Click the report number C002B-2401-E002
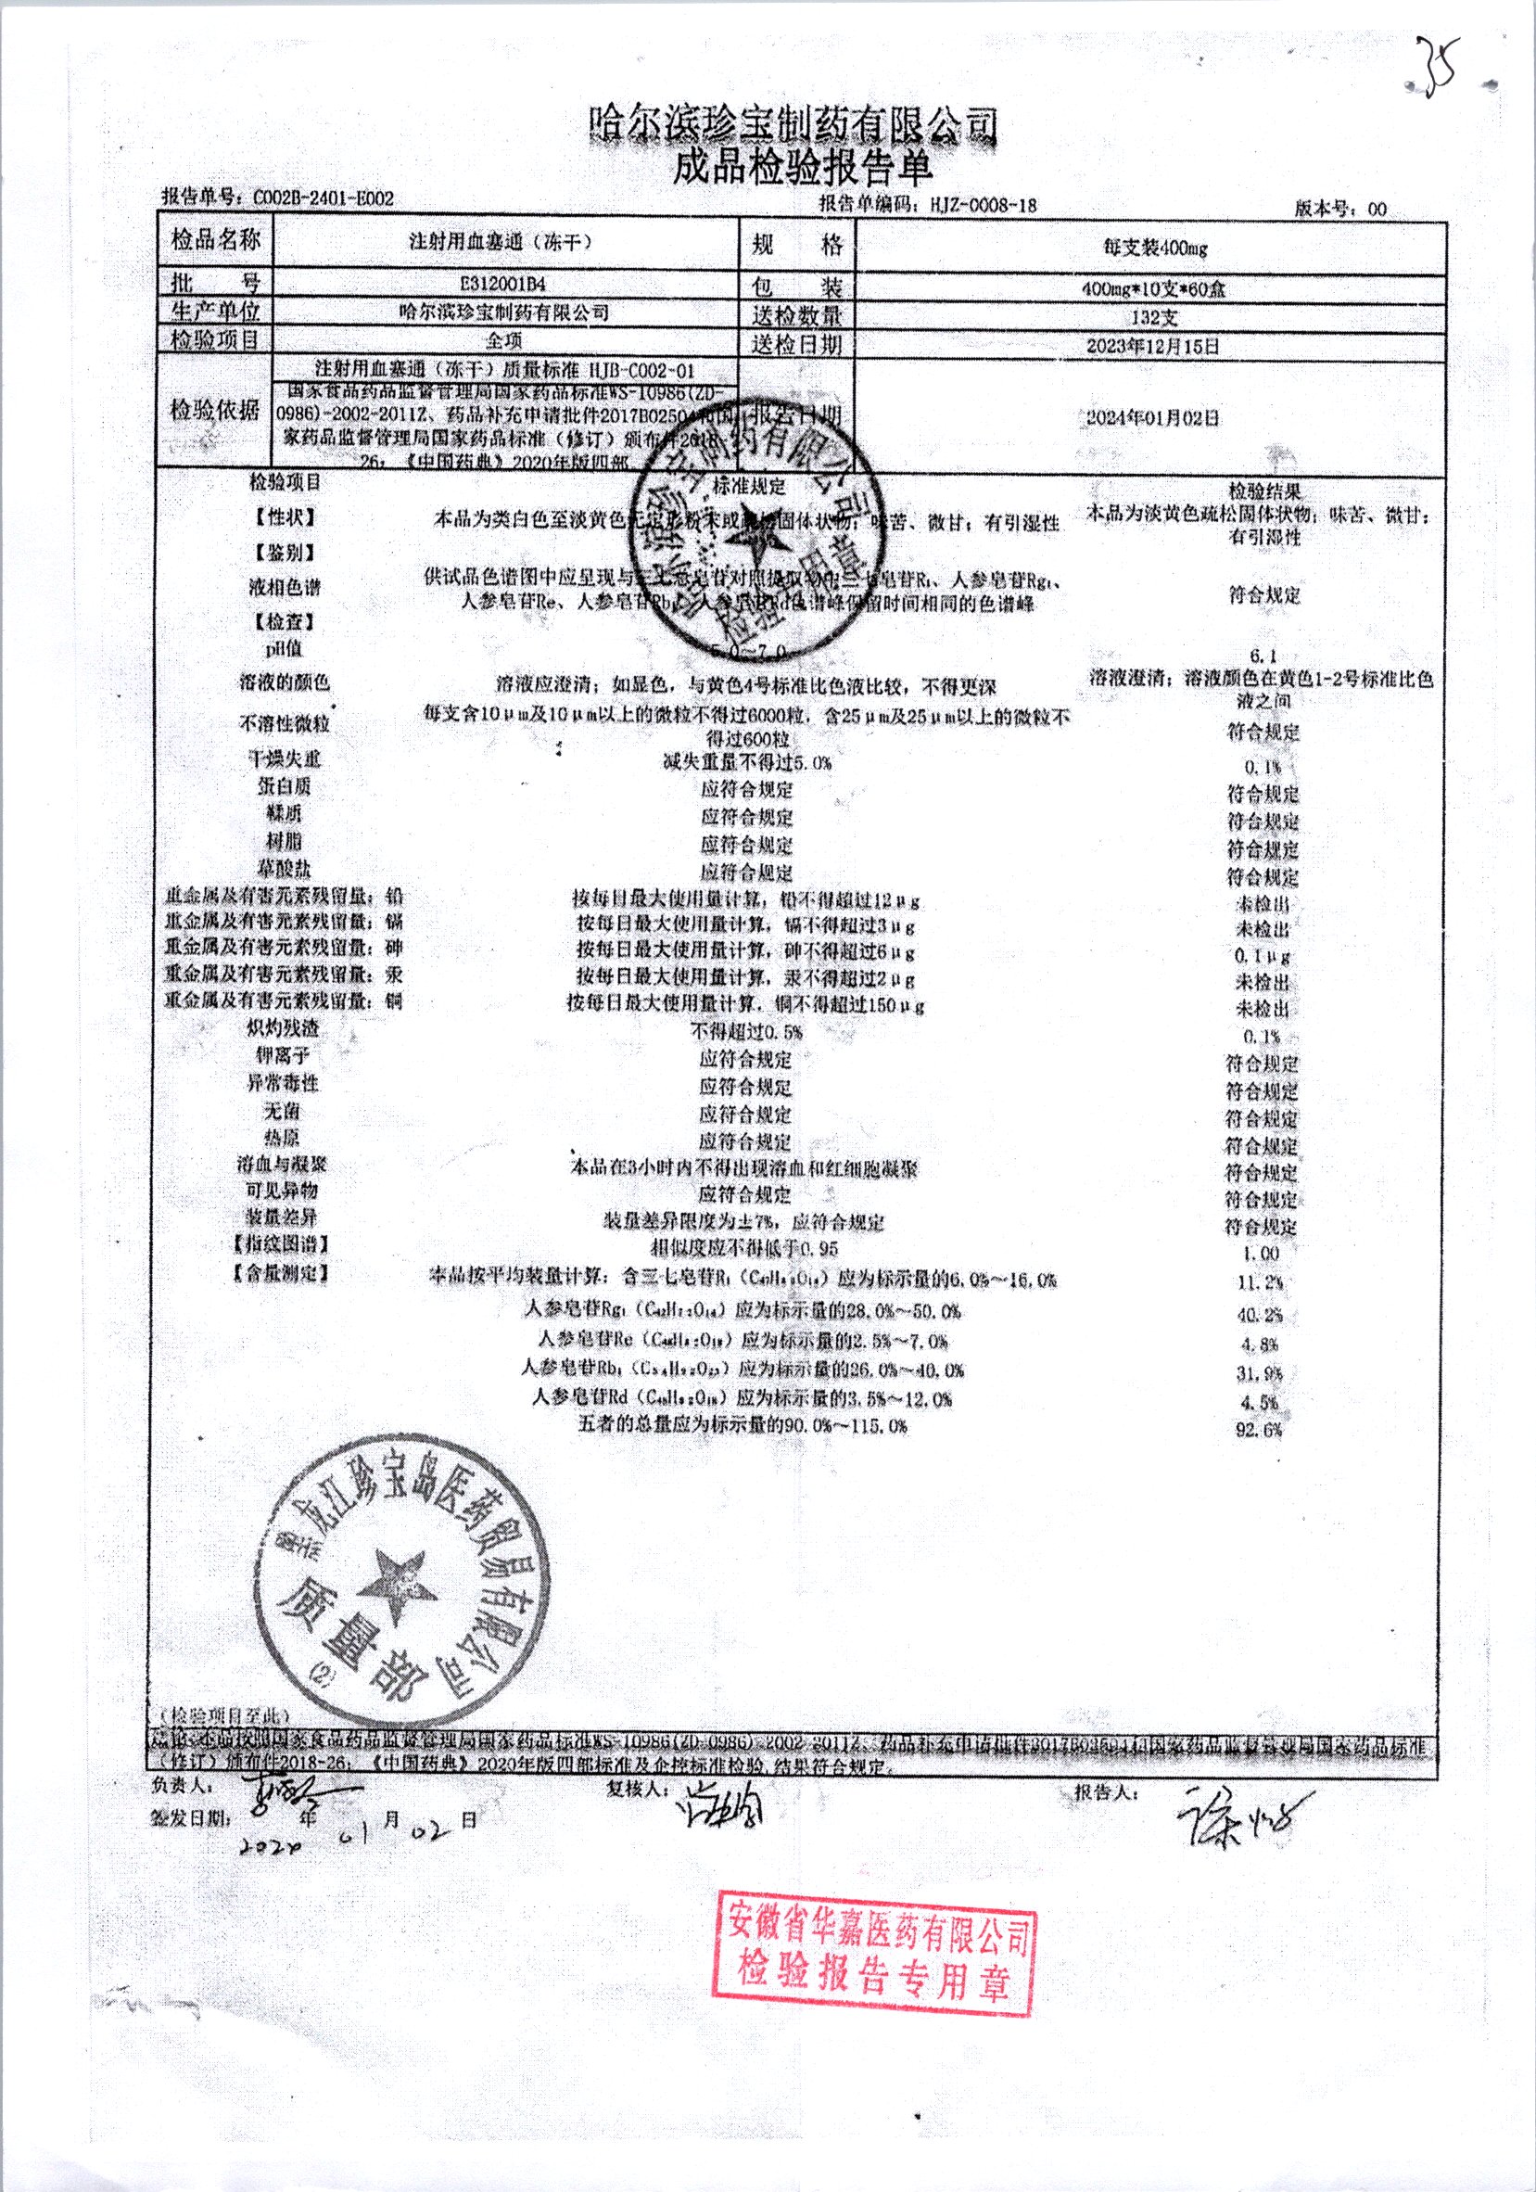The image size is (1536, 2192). click(x=323, y=198)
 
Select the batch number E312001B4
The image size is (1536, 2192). click(x=505, y=284)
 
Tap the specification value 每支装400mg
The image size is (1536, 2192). click(x=1154, y=249)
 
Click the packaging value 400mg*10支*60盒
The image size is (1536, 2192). click(x=1154, y=288)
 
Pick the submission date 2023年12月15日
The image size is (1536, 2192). click(x=1154, y=346)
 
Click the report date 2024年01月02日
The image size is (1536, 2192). click(x=1154, y=417)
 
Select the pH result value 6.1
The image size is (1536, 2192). click(x=1262, y=656)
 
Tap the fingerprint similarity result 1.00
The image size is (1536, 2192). click(x=1262, y=1253)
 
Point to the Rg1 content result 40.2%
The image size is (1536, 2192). click(x=1260, y=1315)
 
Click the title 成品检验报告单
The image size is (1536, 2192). click(x=802, y=168)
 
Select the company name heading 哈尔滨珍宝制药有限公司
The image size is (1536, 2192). click(x=794, y=125)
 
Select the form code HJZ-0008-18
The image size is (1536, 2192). click(x=974, y=204)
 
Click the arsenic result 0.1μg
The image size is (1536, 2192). click(x=1262, y=956)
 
